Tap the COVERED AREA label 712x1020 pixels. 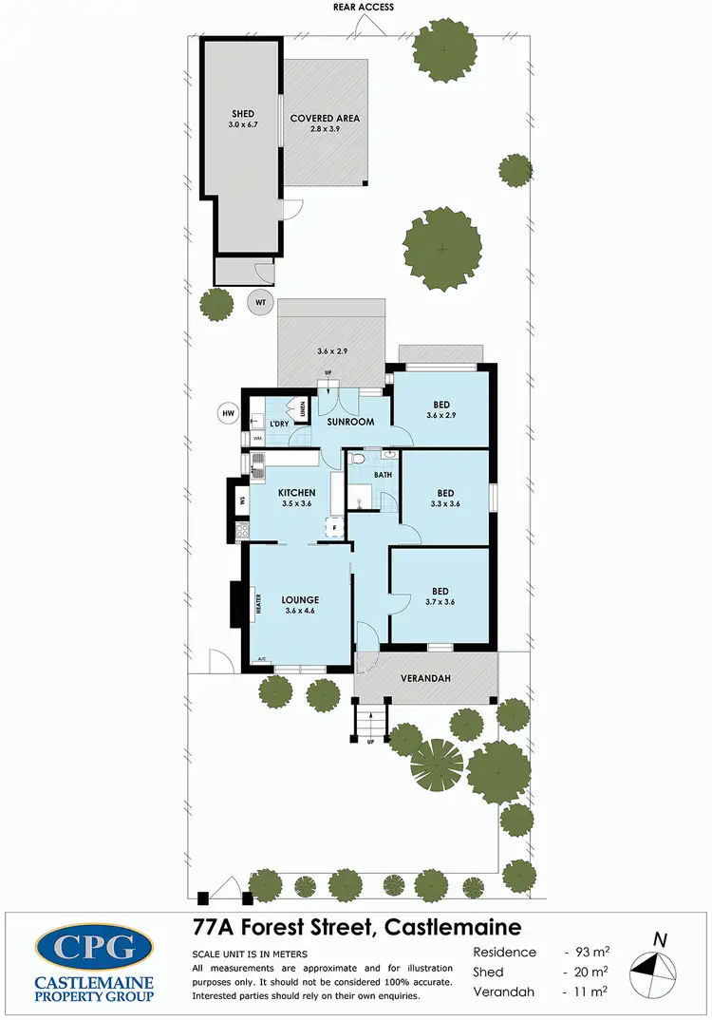pyautogui.click(x=325, y=119)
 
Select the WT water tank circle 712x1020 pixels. pyautogui.click(x=259, y=303)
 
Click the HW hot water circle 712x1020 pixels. pyautogui.click(x=228, y=414)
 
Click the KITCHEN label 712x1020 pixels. pyautogui.click(x=296, y=493)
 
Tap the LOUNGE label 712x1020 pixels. pyautogui.click(x=299, y=600)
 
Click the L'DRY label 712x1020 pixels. pyautogui.click(x=279, y=424)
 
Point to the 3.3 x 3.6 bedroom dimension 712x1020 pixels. pyautogui.click(x=445, y=504)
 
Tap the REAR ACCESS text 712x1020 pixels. pyautogui.click(x=364, y=7)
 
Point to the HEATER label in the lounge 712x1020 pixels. pyautogui.click(x=257, y=601)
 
